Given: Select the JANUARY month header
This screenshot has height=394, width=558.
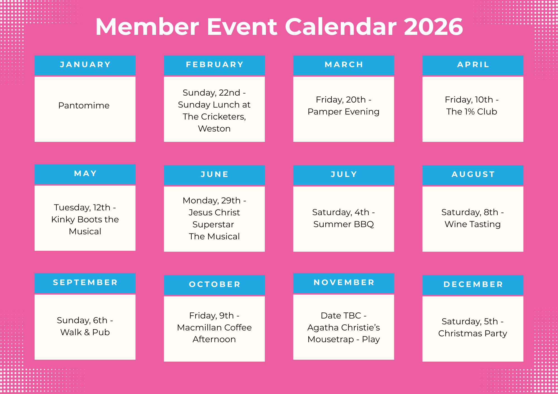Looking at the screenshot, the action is (x=85, y=65).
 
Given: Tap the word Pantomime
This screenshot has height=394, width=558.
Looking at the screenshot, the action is (x=84, y=106).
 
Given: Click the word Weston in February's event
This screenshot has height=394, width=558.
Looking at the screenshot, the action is (x=214, y=129).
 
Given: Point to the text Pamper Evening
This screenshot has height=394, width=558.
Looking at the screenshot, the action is (x=343, y=112).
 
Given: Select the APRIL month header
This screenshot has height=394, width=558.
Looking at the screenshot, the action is (x=473, y=65).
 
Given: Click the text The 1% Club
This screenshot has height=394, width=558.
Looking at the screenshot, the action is (x=472, y=112).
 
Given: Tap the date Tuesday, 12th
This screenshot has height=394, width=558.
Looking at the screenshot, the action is (x=82, y=208).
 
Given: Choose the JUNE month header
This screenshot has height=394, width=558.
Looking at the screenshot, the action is (x=214, y=174).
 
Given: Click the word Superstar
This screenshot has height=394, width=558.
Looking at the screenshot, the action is (x=213, y=225).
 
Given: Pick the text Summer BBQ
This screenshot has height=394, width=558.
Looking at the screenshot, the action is (x=343, y=224).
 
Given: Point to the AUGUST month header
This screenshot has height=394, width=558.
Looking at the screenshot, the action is (x=473, y=174).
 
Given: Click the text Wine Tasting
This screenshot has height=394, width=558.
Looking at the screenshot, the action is (x=473, y=224).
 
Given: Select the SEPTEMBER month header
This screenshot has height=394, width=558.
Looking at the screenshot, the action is (x=85, y=283).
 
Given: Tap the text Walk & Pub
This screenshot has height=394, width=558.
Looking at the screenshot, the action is (x=85, y=332).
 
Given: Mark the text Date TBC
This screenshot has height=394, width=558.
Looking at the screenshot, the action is (x=341, y=316).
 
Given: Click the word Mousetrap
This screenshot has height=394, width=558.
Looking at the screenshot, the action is (x=331, y=339).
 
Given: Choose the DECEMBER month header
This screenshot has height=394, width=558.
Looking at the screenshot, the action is (x=473, y=284).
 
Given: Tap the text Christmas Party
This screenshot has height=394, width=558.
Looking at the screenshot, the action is (x=473, y=334).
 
